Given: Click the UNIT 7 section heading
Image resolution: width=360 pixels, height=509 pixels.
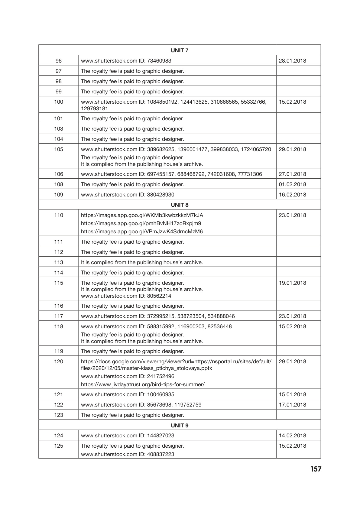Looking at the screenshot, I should [180, 50].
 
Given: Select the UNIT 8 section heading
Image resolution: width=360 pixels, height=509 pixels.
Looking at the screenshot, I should [180, 205].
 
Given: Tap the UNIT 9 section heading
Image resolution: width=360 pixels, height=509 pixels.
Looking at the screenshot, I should [180, 426].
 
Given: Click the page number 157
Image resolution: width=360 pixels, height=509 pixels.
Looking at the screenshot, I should [316, 469].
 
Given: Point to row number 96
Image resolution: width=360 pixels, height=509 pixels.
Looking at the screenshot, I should [59, 61].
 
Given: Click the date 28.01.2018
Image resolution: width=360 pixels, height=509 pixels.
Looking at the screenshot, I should [292, 61].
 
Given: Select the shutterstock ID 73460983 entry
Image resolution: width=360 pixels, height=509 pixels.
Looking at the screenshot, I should [126, 61].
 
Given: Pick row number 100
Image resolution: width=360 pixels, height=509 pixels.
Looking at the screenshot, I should [59, 102].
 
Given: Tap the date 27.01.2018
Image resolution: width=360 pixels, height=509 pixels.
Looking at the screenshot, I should [292, 174].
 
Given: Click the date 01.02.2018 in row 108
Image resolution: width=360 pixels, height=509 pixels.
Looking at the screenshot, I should [292, 184].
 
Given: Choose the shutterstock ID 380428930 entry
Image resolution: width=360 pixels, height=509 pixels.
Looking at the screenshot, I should [128, 195].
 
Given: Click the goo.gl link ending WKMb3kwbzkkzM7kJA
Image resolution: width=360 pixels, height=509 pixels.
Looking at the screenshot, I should [142, 215].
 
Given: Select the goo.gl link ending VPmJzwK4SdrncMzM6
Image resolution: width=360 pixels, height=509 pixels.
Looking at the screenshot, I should [142, 232].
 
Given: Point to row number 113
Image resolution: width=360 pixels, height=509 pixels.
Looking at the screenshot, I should [59, 262].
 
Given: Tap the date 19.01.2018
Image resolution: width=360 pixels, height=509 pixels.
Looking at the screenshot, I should [292, 283].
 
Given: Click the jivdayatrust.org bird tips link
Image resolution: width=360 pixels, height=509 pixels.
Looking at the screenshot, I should [143, 384].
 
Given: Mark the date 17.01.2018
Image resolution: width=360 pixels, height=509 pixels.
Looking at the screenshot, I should [292, 405].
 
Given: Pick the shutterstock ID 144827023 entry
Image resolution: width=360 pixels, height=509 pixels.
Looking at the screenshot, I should [128, 436].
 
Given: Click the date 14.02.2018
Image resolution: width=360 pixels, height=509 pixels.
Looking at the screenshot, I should [292, 436].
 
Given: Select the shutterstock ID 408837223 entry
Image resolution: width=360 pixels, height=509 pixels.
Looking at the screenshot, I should [128, 454].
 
